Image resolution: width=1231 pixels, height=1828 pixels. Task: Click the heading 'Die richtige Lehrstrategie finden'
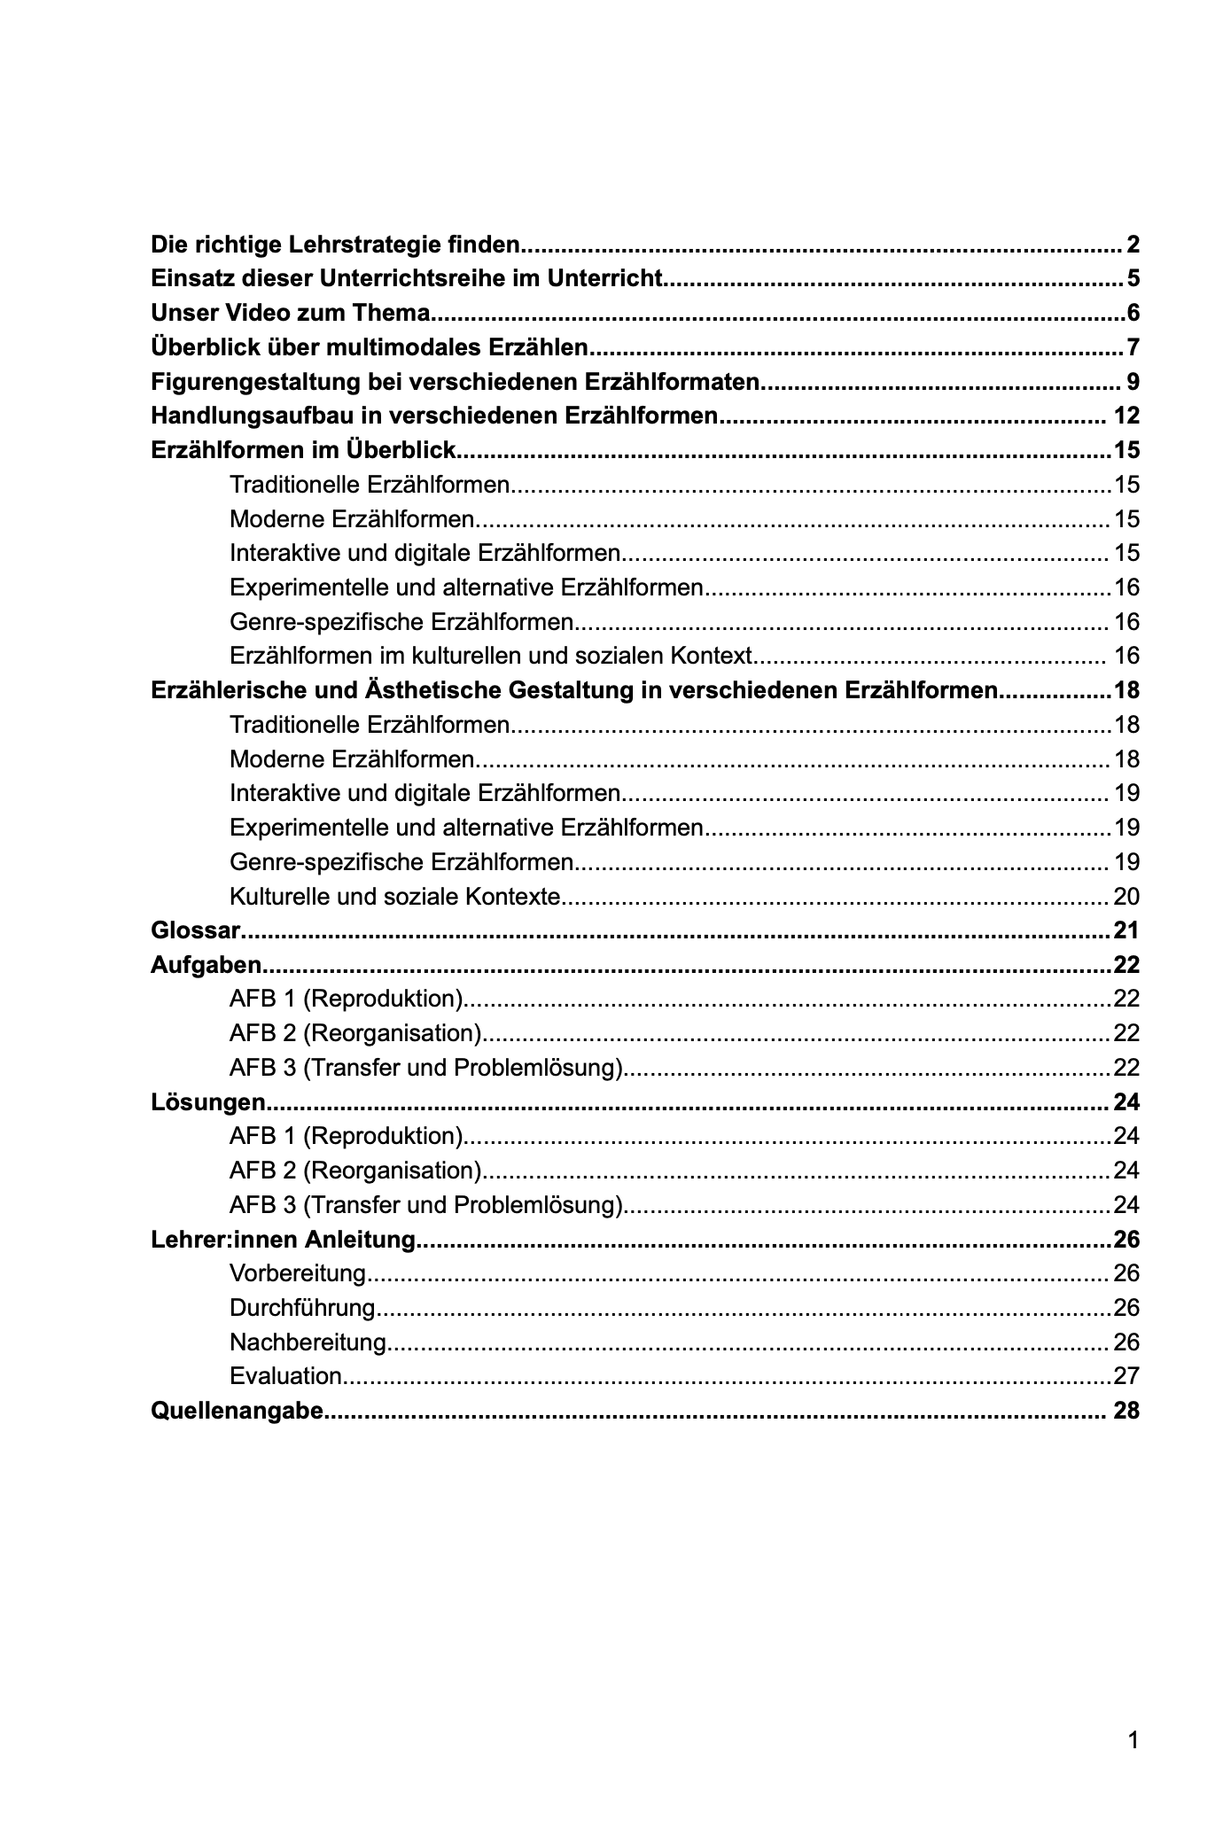pyautogui.click(x=335, y=244)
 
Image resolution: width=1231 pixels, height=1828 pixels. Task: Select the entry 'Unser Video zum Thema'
pyautogui.click(x=291, y=313)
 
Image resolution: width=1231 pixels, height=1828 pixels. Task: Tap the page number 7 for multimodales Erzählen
pyautogui.click(x=1132, y=347)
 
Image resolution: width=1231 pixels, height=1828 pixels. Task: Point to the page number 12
pyautogui.click(x=1126, y=416)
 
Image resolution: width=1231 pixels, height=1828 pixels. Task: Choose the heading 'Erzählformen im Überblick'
pyautogui.click(x=304, y=450)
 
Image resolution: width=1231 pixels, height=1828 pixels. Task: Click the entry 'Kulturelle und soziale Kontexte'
pyautogui.click(x=395, y=897)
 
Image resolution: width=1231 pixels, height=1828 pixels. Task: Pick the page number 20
pyautogui.click(x=1126, y=897)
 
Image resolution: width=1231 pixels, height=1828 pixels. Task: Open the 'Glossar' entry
pyautogui.click(x=196, y=930)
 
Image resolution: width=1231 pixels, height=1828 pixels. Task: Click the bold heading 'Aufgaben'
pyautogui.click(x=206, y=965)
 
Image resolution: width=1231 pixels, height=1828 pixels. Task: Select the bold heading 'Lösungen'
pyautogui.click(x=208, y=1102)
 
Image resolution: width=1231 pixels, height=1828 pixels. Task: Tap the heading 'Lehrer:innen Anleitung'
pyautogui.click(x=284, y=1240)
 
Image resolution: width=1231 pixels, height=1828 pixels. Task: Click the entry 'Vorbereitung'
pyautogui.click(x=298, y=1274)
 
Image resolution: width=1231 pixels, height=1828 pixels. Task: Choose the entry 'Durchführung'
pyautogui.click(x=302, y=1309)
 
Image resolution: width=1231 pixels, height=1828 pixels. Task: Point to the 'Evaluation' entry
pyautogui.click(x=285, y=1377)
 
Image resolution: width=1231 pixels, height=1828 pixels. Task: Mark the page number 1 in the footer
pyautogui.click(x=1133, y=1741)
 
